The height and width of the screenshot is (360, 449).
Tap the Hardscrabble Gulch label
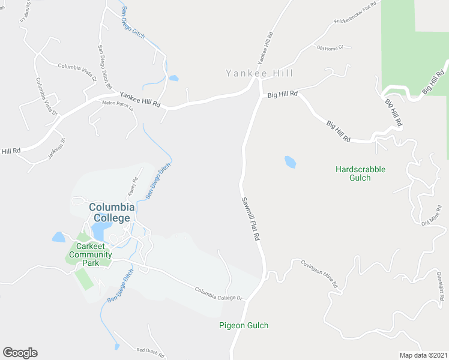360,173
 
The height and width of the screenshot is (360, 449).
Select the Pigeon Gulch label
243,325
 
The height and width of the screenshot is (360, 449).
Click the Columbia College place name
112,212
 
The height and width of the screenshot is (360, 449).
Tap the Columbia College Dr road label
217,294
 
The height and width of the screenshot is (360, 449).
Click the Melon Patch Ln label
117,103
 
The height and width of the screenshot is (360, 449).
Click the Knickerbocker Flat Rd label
355,13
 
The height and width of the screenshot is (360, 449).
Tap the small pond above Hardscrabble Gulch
290,162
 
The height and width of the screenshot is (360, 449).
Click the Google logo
20,353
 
